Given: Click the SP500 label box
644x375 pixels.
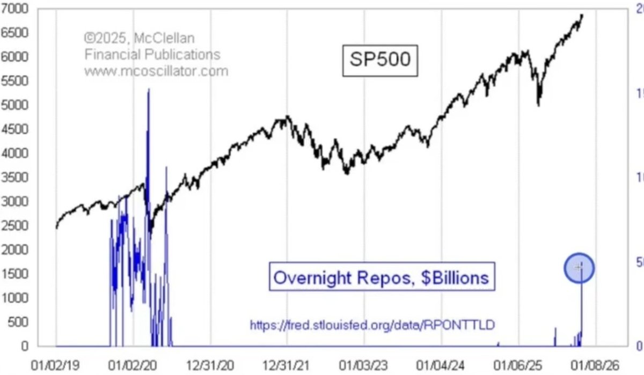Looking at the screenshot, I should click(x=380, y=59).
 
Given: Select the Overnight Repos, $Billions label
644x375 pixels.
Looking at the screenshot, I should click(x=380, y=277).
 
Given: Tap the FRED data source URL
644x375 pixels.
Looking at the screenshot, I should click(x=371, y=325).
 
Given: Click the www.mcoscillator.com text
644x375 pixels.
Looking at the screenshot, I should click(x=156, y=71).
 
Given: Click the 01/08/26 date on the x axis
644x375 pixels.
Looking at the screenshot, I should click(x=597, y=365).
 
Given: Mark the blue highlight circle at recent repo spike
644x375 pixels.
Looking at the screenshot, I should click(x=579, y=268).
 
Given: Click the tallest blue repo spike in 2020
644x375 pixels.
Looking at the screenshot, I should click(x=148, y=90).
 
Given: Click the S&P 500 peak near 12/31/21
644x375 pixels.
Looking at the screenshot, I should click(x=288, y=116).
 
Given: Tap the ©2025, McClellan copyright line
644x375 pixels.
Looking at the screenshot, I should click(x=139, y=39).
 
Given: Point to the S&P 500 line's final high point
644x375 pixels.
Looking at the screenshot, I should click(x=582, y=15).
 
